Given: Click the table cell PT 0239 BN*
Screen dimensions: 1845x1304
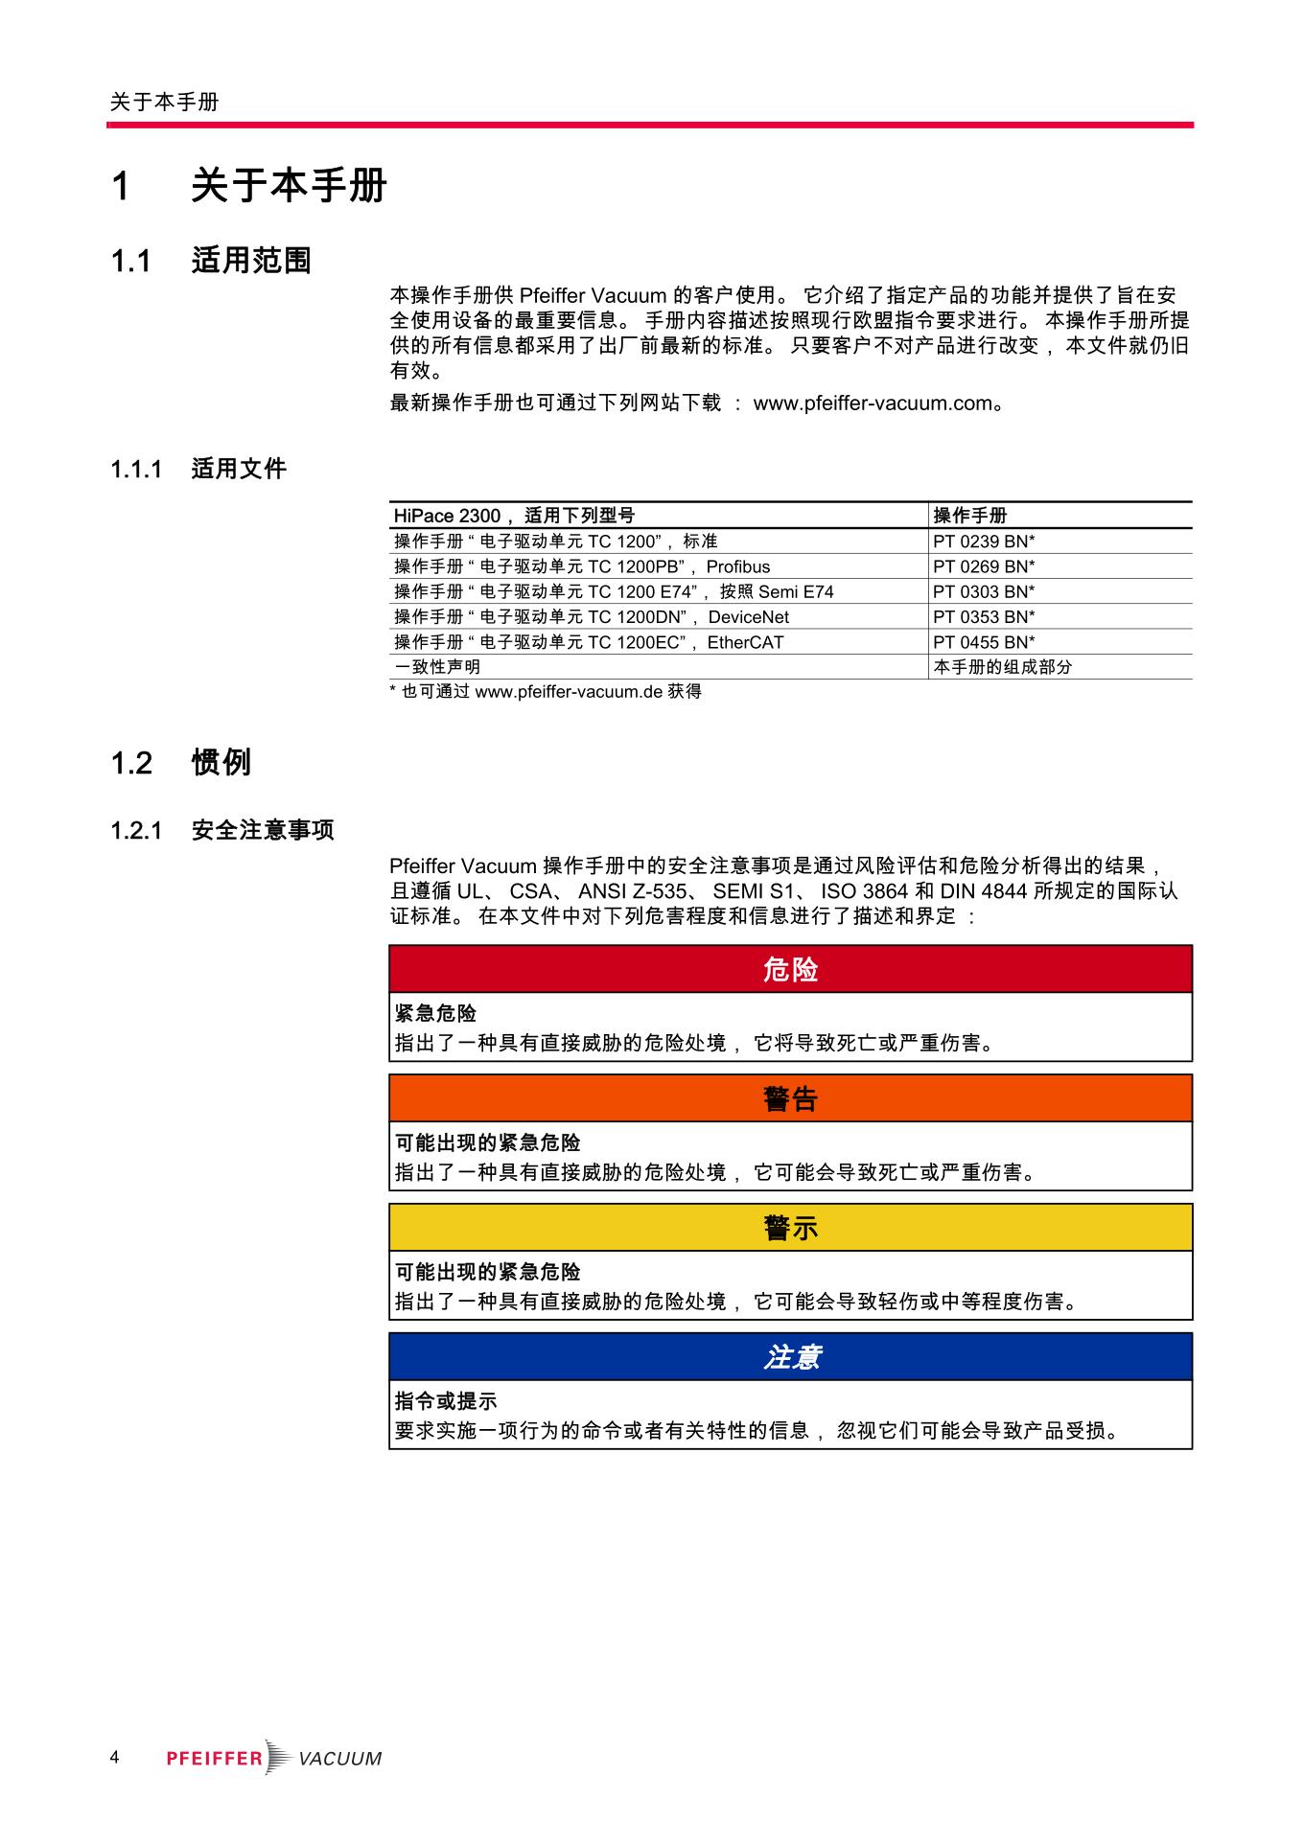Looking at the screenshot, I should point(984,542).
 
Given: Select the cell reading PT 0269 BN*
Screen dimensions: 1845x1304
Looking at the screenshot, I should point(984,566).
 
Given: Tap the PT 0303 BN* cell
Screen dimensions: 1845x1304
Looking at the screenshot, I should point(984,592).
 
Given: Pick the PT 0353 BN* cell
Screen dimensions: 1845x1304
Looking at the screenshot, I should point(984,617).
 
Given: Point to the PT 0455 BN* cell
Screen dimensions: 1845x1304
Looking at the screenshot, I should point(984,642).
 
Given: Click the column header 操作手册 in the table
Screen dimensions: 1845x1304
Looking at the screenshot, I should point(969,516).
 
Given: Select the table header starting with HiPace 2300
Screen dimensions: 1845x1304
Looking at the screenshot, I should point(514,516).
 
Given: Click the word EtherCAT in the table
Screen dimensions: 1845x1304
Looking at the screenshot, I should point(745,642).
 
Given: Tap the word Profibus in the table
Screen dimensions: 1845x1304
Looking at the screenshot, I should point(737,566).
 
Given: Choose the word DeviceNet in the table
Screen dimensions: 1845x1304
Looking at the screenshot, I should point(748,617).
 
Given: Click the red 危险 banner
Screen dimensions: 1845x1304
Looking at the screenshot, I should point(790,970).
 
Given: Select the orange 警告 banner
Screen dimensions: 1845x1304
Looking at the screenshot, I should point(790,1099).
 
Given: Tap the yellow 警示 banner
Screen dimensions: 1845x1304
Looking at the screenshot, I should point(790,1228).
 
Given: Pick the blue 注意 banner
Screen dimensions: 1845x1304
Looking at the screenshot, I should point(790,1357).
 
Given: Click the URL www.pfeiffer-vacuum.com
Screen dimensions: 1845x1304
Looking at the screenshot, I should point(873,404).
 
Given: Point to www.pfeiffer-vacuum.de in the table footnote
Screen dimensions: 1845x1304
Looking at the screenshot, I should point(569,692).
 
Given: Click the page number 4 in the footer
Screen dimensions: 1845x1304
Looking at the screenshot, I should point(114,1757).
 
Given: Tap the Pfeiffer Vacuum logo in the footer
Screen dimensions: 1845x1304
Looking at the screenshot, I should point(274,1758).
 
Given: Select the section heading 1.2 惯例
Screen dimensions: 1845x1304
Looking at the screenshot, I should point(181,763).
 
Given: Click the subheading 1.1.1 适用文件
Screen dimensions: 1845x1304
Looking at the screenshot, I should point(198,469).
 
